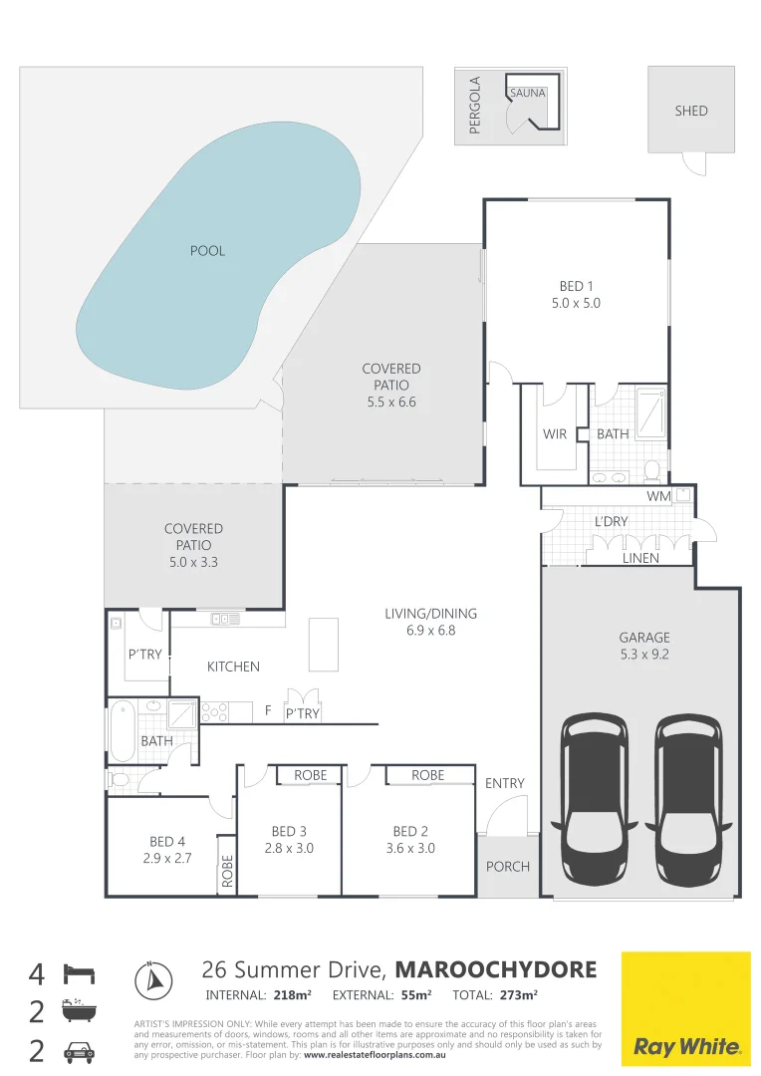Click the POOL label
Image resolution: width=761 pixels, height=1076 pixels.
[207, 251]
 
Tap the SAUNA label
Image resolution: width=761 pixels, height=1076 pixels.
[527, 93]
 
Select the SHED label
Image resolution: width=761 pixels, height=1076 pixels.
[691, 111]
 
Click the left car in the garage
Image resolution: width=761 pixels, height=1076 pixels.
[597, 800]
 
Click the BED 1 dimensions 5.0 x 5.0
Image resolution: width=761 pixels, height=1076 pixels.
[576, 303]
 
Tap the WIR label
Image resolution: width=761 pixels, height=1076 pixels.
[555, 434]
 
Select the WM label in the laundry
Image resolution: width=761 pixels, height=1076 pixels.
[656, 495]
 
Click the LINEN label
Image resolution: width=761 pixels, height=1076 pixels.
[640, 558]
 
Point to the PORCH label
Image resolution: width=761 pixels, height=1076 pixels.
[508, 866]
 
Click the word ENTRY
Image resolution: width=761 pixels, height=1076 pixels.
[504, 783]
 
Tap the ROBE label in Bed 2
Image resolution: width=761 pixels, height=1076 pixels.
[428, 775]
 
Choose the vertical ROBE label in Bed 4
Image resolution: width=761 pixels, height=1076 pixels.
[227, 872]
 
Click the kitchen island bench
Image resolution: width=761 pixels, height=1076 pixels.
[324, 645]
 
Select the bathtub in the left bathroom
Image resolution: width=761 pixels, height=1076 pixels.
[122, 730]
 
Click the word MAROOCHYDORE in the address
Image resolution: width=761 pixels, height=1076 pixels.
[496, 969]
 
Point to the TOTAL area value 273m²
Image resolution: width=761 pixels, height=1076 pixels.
[518, 995]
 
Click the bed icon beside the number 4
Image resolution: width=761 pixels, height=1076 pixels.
[79, 972]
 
